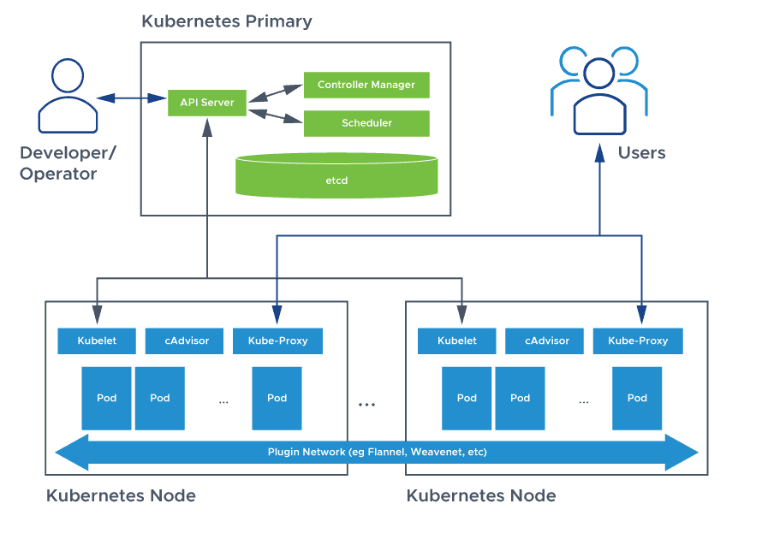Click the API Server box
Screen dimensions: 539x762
click(x=201, y=102)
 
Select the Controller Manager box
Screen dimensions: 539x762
click(x=366, y=85)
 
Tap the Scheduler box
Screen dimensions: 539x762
click(x=366, y=123)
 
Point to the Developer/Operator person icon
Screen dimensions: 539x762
click(x=68, y=95)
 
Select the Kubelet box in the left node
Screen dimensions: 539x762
click(x=96, y=341)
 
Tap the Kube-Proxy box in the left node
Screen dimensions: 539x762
click(x=277, y=341)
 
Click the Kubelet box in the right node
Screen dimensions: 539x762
click(x=456, y=341)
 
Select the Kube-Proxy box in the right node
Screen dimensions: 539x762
click(x=638, y=341)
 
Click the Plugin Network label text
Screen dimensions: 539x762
click(x=378, y=452)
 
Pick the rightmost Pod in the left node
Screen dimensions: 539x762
click(x=277, y=398)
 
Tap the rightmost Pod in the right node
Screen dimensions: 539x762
click(x=637, y=398)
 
